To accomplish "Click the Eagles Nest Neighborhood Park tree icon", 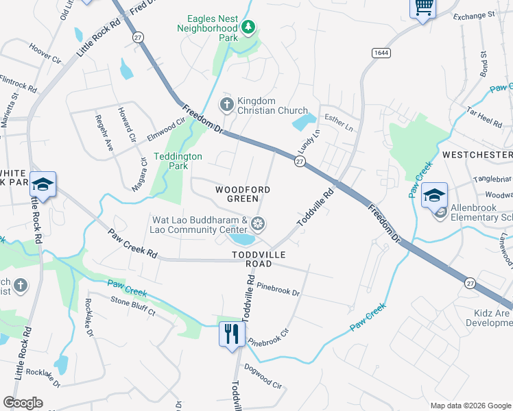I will [x=248, y=27].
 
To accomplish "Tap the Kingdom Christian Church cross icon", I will [x=226, y=105].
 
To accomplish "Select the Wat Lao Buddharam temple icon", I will [x=258, y=223].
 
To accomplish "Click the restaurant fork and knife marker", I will [x=231, y=334].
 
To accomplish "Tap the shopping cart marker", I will [x=423, y=7].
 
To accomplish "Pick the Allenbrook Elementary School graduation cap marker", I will [x=434, y=195].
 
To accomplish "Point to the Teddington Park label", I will [x=178, y=161].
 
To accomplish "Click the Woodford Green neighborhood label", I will [x=243, y=194].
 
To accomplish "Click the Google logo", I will [x=23, y=403].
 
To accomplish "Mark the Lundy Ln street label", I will [x=308, y=141].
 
